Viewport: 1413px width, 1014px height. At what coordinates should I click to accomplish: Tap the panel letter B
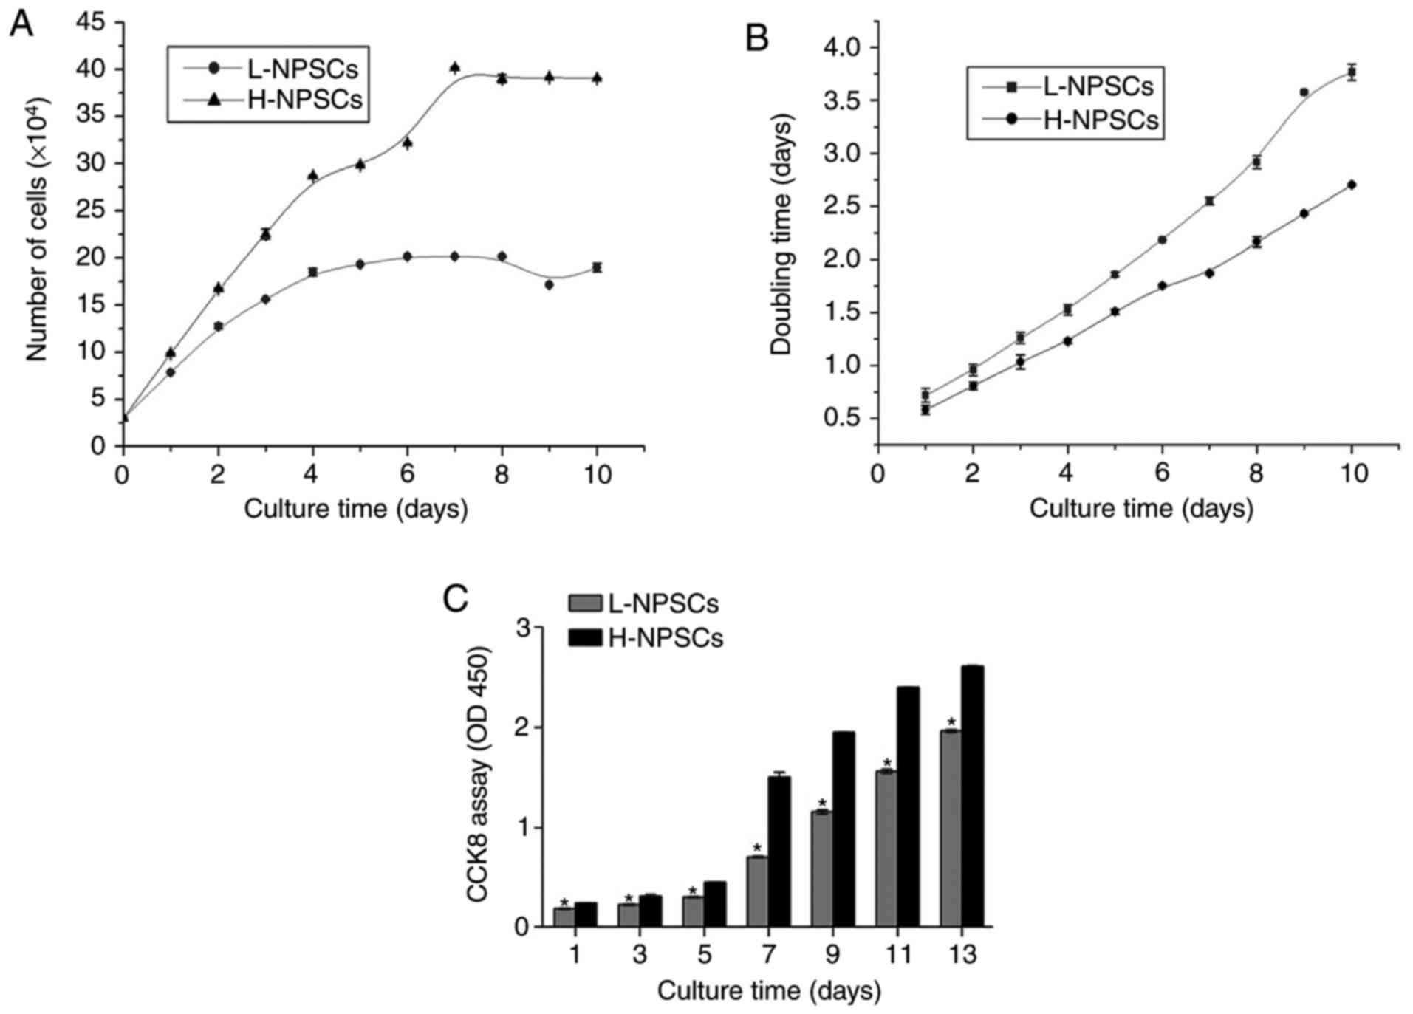click(x=757, y=37)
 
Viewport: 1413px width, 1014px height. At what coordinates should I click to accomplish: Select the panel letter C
click(x=455, y=599)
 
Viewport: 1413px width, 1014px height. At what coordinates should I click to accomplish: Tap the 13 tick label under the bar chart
click(x=961, y=955)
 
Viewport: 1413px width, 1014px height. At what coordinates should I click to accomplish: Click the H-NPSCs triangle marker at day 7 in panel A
click(x=454, y=68)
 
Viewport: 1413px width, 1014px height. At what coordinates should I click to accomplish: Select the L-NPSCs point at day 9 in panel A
click(x=549, y=284)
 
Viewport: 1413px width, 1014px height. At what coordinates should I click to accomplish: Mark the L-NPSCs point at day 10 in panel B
click(x=1352, y=72)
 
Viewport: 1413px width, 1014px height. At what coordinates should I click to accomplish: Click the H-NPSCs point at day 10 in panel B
click(x=1352, y=185)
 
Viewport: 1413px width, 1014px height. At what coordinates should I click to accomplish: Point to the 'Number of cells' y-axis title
click(x=37, y=251)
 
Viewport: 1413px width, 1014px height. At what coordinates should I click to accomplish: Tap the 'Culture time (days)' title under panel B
click(x=1141, y=509)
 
